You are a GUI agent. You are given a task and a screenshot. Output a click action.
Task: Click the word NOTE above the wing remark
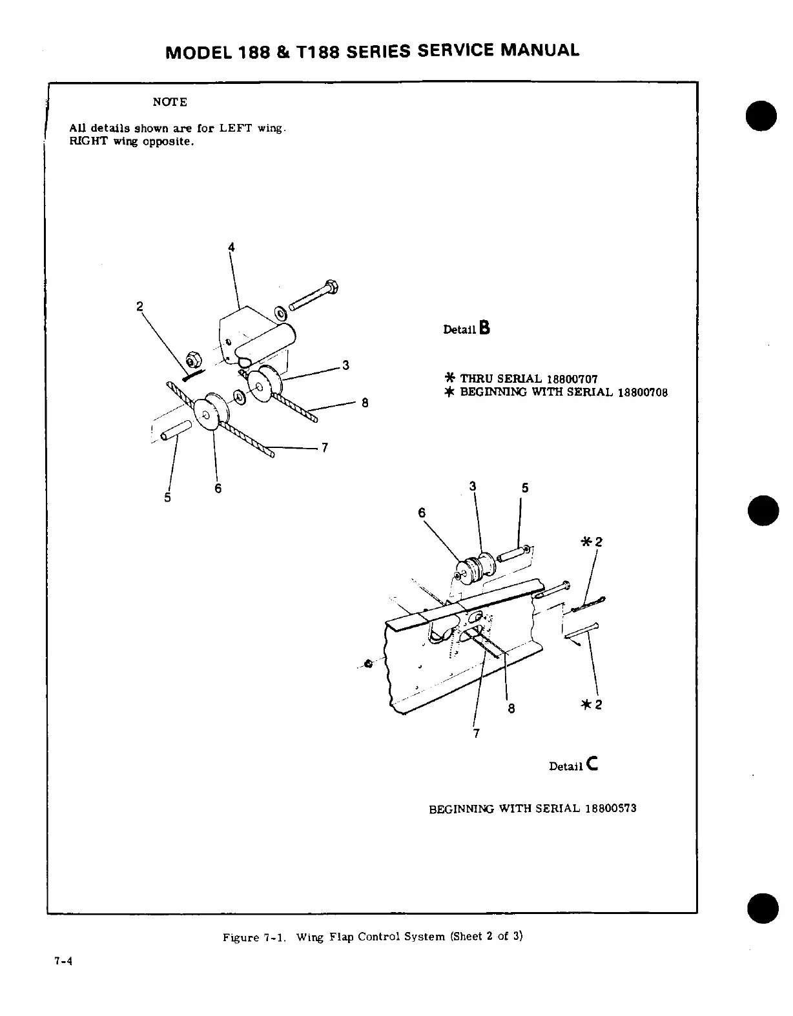(x=170, y=102)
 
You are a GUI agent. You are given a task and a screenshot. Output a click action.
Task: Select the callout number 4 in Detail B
(x=231, y=247)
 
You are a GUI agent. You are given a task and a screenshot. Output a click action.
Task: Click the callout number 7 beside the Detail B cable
(x=325, y=447)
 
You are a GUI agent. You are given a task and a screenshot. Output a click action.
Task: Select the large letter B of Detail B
(x=485, y=328)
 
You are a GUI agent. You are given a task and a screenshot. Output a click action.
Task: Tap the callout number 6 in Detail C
(x=422, y=513)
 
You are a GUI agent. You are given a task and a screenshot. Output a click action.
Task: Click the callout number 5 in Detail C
(x=525, y=488)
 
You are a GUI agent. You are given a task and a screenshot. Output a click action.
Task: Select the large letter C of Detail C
(x=593, y=764)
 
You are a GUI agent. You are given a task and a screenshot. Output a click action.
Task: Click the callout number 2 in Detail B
(x=139, y=306)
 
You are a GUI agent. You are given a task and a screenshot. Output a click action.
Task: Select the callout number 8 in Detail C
(x=511, y=709)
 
